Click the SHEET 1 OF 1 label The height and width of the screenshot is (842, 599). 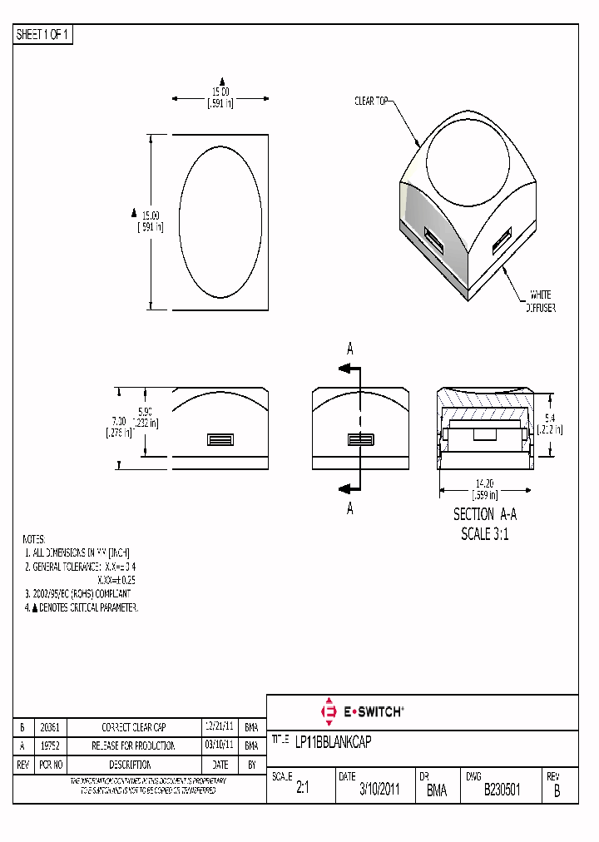(x=43, y=35)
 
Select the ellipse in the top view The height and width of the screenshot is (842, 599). (x=220, y=222)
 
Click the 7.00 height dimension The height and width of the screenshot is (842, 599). (x=116, y=427)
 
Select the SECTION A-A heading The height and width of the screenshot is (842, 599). (x=485, y=515)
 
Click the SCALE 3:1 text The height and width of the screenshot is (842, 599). (x=485, y=534)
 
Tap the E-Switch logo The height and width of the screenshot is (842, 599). (x=363, y=711)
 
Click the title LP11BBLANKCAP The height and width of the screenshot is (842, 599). (x=333, y=741)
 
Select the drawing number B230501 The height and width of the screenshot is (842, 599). (x=502, y=790)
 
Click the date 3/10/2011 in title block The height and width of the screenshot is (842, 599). (x=379, y=790)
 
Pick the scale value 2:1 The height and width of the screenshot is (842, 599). (x=302, y=790)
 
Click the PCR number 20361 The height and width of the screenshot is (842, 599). (x=50, y=726)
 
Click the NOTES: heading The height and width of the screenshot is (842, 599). (x=34, y=539)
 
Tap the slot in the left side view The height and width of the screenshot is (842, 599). (x=220, y=439)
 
